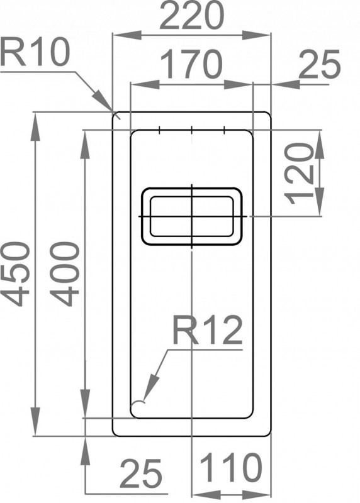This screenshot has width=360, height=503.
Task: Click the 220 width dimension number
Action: click(191, 15)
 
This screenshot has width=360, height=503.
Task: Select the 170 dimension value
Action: click(191, 65)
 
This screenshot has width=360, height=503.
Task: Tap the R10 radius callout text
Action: click(35, 52)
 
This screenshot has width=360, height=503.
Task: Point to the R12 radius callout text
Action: click(207, 330)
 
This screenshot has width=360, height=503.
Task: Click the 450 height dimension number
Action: click(16, 275)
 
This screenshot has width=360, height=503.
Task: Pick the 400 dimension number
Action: click(65, 274)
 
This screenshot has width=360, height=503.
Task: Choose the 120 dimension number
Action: click(300, 174)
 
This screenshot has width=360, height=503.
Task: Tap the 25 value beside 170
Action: click(319, 64)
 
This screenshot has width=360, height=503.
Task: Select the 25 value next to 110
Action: click(140, 473)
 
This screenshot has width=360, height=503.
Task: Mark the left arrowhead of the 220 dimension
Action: click(127, 35)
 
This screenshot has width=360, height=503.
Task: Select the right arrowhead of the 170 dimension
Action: click(239, 84)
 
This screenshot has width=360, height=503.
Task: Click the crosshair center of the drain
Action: click(192, 216)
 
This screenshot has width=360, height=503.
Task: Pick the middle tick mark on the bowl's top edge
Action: click(191, 130)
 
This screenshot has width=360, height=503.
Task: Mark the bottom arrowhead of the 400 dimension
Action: click(86, 404)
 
